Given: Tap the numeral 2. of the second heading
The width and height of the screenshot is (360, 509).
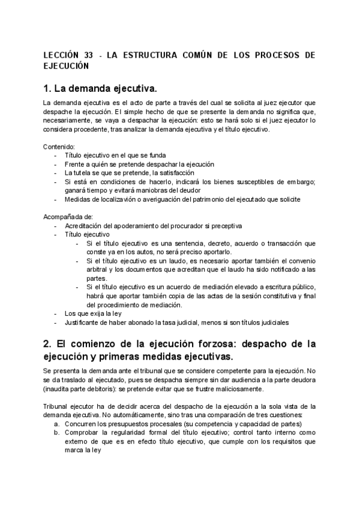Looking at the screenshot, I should tap(49, 344).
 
